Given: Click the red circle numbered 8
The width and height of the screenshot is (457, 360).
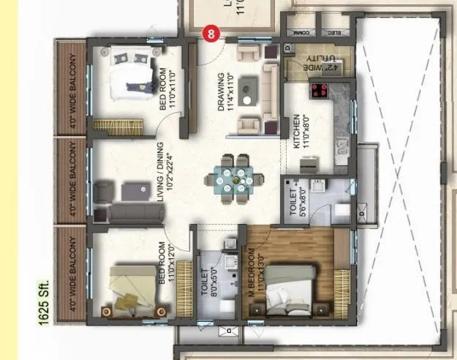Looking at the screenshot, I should tap(211, 33).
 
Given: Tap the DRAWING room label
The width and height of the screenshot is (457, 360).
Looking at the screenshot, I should tap(222, 92).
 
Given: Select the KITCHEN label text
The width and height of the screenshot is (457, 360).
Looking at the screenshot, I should tap(297, 132).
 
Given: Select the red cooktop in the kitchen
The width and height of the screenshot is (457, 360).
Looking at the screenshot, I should tap(320, 90).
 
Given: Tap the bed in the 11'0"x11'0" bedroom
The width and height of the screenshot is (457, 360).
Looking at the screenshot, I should tap(132, 76).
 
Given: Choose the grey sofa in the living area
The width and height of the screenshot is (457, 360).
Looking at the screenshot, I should tap(135, 214).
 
